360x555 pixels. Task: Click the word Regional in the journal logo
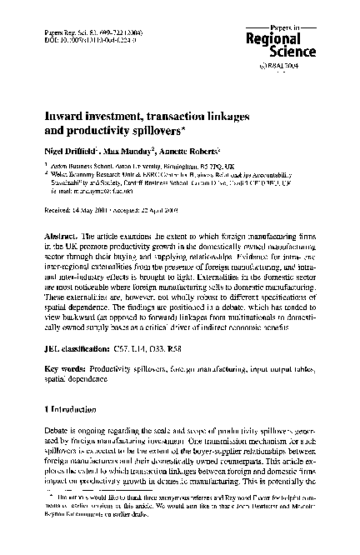[290, 40]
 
